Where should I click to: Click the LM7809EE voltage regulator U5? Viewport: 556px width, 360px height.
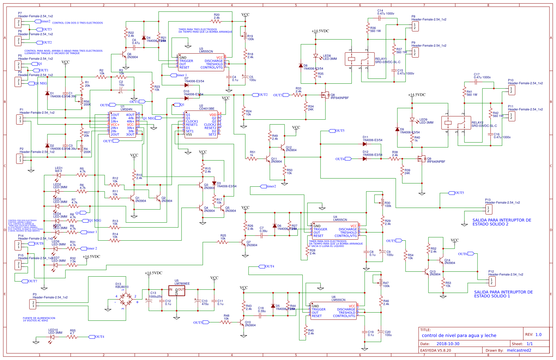click(177, 291)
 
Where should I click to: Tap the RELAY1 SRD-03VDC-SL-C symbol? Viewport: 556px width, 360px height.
click(360, 59)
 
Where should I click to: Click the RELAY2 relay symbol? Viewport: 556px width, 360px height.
click(456, 123)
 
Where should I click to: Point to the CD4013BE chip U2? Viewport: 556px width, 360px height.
click(201, 124)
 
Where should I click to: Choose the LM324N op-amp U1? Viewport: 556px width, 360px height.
click(122, 124)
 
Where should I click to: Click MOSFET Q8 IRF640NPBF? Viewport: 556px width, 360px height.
click(325, 95)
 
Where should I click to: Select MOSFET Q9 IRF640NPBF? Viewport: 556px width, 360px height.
click(422, 159)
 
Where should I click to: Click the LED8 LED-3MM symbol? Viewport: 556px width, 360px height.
click(316, 56)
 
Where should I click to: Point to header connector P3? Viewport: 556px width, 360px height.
click(33, 304)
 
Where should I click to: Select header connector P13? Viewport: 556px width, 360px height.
click(488, 209)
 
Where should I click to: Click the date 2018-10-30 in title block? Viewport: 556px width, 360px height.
click(448, 344)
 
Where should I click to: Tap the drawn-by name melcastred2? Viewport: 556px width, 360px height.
click(519, 350)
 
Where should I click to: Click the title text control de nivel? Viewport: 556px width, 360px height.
click(459, 335)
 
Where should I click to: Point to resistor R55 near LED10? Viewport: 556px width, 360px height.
click(72, 337)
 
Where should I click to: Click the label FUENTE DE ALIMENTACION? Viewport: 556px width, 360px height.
click(39, 318)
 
